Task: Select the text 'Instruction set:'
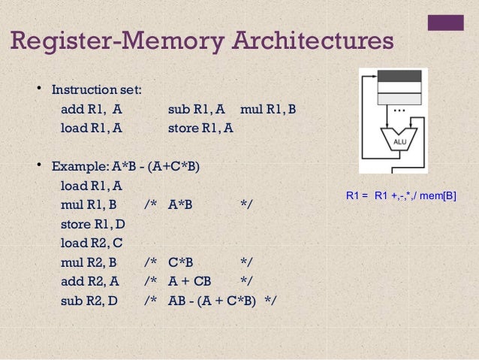coord(96,90)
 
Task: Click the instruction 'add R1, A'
coord(91,109)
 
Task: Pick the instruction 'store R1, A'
coord(200,128)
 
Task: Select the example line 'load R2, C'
coord(92,243)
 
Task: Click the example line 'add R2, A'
coord(89,282)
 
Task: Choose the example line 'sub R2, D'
coord(89,301)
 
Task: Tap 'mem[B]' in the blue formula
coord(438,196)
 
